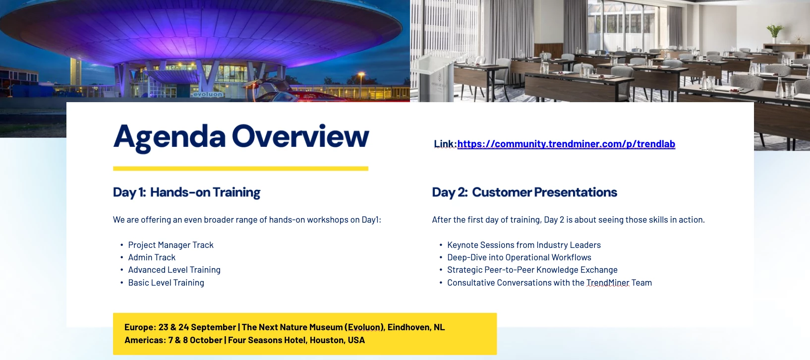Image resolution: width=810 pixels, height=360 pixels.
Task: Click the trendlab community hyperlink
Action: (x=566, y=144)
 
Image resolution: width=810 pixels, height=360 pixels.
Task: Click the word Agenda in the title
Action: (x=169, y=137)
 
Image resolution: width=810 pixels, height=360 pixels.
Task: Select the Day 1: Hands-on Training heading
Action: (x=186, y=192)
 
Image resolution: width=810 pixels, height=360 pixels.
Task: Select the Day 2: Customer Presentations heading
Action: (x=524, y=192)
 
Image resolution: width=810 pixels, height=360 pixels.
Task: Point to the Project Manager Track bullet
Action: (x=171, y=245)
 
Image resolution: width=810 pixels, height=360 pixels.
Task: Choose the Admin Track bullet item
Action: (x=152, y=257)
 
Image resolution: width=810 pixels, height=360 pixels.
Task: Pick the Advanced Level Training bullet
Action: (x=174, y=270)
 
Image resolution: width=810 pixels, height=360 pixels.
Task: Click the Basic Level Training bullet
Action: (x=166, y=283)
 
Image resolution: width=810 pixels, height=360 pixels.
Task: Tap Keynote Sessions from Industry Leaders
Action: (x=524, y=245)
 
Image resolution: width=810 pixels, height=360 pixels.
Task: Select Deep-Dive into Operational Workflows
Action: (x=520, y=257)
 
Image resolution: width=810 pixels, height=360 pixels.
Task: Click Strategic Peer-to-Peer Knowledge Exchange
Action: (x=532, y=270)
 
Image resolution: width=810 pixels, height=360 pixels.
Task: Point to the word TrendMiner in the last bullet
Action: (x=608, y=283)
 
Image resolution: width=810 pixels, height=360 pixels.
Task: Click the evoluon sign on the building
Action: (x=208, y=94)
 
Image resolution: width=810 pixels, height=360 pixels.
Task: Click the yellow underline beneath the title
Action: (x=240, y=169)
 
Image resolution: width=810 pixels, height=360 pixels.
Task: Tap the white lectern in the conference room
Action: (x=436, y=78)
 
